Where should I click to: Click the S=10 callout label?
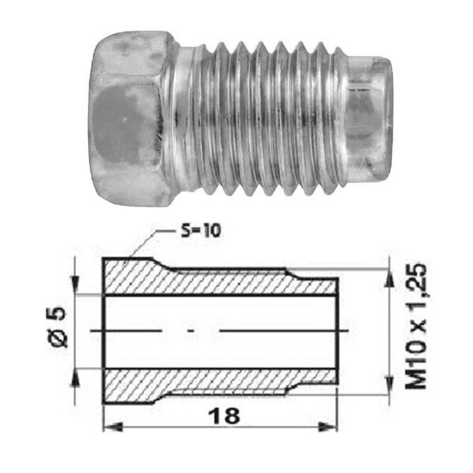200,231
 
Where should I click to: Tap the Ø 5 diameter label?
58,328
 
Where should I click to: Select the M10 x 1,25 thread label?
416,327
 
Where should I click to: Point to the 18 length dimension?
224,416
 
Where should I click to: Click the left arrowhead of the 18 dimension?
113,426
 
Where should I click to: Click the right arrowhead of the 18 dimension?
328,426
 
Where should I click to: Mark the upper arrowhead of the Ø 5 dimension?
75,284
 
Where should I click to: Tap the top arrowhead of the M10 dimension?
389,277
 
